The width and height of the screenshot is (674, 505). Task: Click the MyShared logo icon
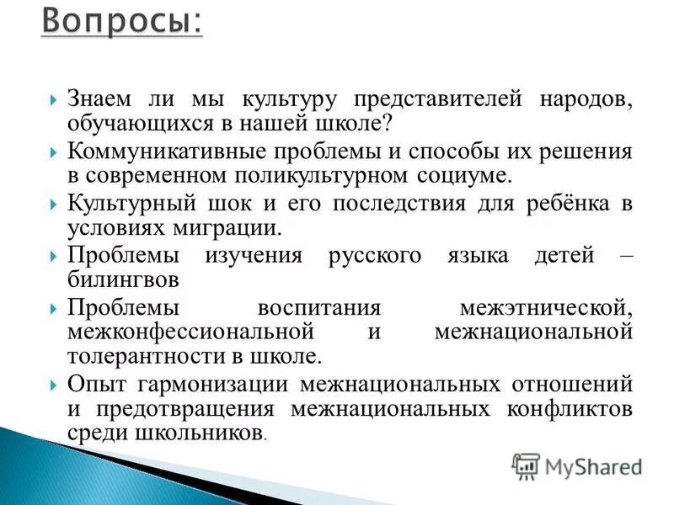[x=526, y=466]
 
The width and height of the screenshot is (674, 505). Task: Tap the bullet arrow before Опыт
[x=54, y=385]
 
